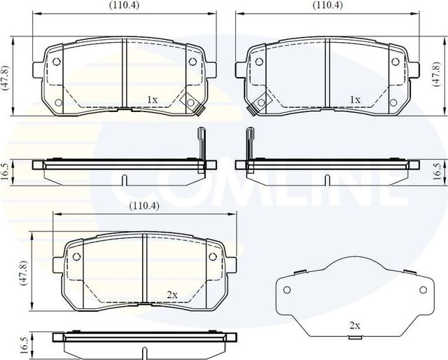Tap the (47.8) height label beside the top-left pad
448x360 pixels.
pyautogui.click(x=6, y=75)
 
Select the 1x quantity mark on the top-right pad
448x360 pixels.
pyautogui.click(x=355, y=99)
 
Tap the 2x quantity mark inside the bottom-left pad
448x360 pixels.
pyautogui.click(x=171, y=294)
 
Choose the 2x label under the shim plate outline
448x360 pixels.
pyautogui.click(x=355, y=326)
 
